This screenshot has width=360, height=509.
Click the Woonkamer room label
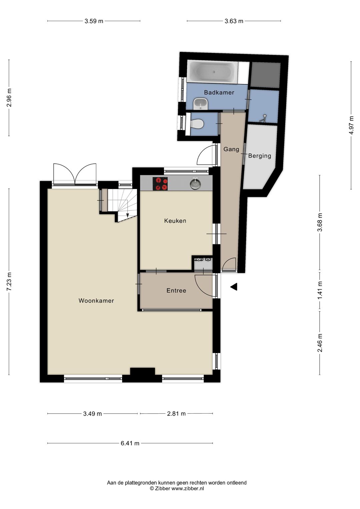click(x=96, y=301)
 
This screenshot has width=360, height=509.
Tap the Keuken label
click(x=175, y=221)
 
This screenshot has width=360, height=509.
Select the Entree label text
click(x=176, y=290)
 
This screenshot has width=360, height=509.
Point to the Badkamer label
click(x=219, y=92)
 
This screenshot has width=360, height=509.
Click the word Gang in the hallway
click(x=231, y=149)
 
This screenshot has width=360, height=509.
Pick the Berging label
click(x=260, y=156)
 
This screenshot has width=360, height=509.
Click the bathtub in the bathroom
click(x=212, y=72)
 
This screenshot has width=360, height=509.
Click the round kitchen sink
click(x=195, y=184)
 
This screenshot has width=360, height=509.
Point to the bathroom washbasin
click(x=200, y=104)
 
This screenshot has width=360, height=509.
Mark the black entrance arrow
click(x=234, y=287)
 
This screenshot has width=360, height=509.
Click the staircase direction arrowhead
click(x=127, y=215)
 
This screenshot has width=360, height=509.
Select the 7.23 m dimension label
click(x=9, y=282)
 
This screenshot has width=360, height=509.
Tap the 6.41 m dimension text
click(x=130, y=443)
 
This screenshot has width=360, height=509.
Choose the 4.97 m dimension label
click(x=351, y=125)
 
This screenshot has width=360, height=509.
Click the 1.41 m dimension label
click(x=320, y=291)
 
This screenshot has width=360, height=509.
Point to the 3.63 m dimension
click(x=234, y=21)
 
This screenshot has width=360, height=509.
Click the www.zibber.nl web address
click(x=187, y=488)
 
